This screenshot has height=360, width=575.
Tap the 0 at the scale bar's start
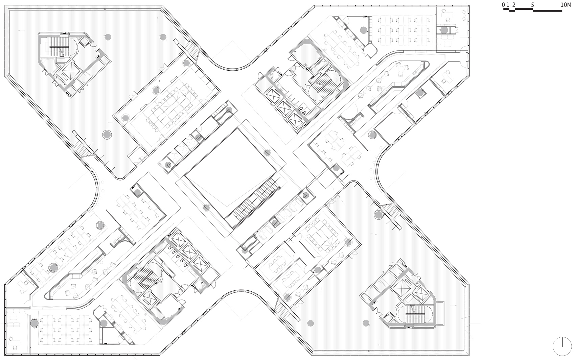[x=503, y=5]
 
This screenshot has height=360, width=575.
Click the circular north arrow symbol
[x=562, y=346]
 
